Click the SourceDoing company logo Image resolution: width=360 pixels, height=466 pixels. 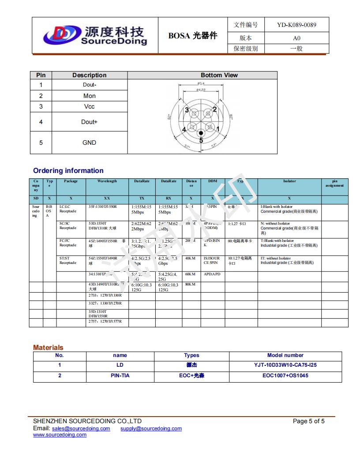coord(94,35)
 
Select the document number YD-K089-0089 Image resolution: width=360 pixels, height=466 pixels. coord(296,25)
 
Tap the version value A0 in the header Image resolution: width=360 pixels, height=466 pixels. coord(296,38)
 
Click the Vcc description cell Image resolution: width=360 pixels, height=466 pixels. coord(89,107)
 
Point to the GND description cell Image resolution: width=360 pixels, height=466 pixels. coord(89,143)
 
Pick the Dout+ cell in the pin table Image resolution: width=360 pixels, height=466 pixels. coord(89,122)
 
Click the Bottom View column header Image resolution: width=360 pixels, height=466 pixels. coord(219,75)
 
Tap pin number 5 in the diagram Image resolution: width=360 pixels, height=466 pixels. coord(201,140)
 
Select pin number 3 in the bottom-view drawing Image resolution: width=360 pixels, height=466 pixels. coord(187,110)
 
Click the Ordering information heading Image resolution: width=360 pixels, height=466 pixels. coord(68,171)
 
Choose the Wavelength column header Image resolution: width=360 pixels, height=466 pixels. coord(107,181)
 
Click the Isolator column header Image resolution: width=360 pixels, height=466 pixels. coord(289,181)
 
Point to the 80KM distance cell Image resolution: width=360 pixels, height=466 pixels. coord(190,285)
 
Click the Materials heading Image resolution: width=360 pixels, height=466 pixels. coord(48,348)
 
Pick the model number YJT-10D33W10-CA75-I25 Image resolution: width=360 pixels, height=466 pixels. coord(285,365)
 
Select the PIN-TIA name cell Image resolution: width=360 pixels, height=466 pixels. coord(120,376)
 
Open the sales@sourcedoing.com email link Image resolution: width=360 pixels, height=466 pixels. coord(81,429)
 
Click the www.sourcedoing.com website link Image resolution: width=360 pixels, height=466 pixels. coord(60,435)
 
